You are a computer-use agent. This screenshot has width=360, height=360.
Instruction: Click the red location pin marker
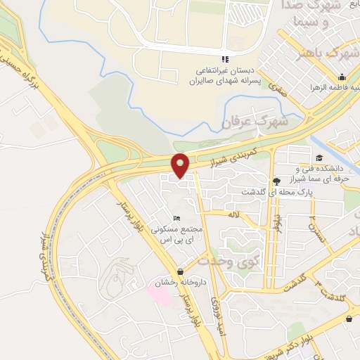(181, 165)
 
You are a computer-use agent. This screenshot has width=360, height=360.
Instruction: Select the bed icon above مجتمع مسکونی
(176, 219)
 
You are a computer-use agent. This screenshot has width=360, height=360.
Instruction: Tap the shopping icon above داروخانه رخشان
(181, 271)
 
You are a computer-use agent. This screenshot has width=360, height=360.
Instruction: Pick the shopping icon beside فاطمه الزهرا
(342, 77)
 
